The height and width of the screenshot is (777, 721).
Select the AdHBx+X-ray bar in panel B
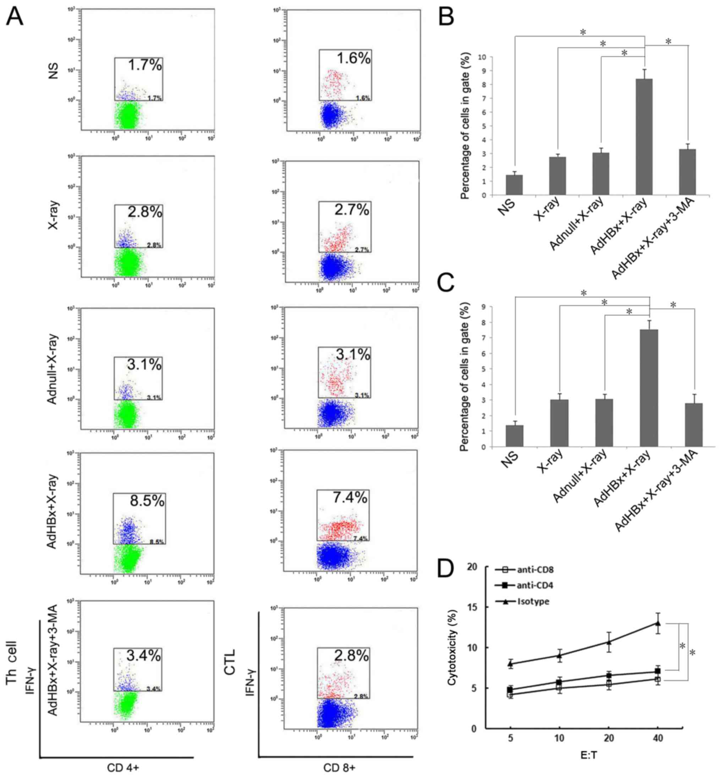point(644,137)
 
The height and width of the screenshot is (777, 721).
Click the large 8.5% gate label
point(147,501)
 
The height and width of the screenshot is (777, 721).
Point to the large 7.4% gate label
point(350,497)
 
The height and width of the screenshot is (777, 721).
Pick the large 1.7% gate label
point(145,65)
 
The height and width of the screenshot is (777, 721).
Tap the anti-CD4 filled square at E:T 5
point(510,690)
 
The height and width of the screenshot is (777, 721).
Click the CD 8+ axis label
point(339,768)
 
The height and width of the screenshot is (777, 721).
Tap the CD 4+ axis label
point(123,768)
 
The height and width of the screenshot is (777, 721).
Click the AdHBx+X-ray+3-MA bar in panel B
point(687,171)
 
